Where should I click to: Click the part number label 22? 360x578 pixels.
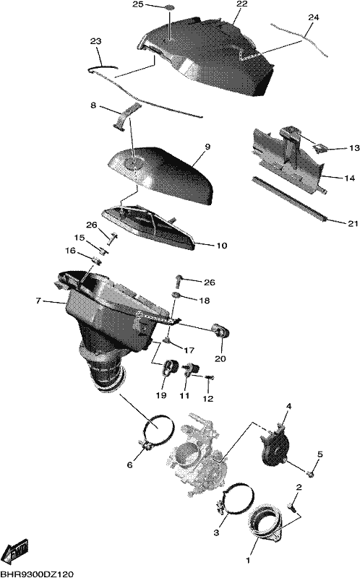pos(242,4)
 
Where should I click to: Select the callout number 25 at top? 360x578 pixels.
pos(137,4)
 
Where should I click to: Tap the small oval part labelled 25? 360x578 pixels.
pos(169,7)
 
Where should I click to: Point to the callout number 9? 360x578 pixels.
pos(207,147)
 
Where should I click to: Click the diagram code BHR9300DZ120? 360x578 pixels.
pos(37,574)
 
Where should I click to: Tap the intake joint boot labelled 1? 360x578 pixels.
pos(265,524)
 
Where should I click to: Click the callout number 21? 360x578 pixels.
pos(353,223)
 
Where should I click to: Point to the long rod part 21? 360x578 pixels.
pos(289,199)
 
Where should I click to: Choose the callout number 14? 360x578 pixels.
pos(350,178)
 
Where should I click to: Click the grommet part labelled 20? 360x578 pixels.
pos(221,331)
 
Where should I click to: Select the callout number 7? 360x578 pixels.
pos(38,301)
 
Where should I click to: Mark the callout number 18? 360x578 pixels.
pos(204,301)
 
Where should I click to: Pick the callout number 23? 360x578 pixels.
pos(95,41)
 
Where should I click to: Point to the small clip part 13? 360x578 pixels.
pos(320,148)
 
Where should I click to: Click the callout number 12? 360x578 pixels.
pos(208,399)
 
